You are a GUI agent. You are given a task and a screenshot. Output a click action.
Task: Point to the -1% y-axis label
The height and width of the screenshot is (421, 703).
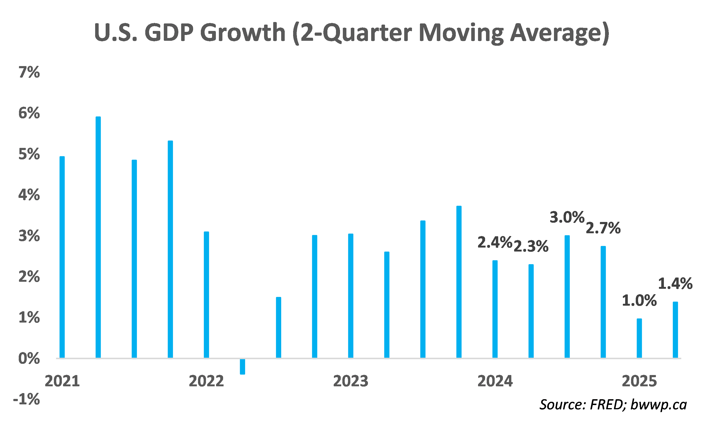[26, 399]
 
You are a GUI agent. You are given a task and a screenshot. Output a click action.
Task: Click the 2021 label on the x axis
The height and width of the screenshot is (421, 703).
[62, 381]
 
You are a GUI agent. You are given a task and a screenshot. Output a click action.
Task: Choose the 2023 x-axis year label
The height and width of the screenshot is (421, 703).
[351, 381]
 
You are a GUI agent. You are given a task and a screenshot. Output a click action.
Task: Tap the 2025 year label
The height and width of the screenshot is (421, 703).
[639, 381]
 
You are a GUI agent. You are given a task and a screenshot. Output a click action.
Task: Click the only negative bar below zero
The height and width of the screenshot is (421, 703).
[243, 367]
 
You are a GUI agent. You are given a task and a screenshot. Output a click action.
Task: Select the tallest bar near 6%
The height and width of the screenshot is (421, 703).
[98, 237]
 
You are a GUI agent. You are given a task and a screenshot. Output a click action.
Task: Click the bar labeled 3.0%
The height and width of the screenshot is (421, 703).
[567, 297]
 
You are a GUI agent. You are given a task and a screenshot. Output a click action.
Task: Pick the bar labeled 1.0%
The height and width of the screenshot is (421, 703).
[639, 338]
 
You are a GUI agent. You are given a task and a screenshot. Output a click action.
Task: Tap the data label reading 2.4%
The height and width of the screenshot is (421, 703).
[495, 243]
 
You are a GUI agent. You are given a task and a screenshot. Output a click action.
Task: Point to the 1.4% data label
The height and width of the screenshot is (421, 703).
[675, 284]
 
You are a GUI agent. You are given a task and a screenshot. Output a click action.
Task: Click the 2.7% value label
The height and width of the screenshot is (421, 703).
[603, 228]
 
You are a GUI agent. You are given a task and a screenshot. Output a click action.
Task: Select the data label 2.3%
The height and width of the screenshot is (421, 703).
[531, 246]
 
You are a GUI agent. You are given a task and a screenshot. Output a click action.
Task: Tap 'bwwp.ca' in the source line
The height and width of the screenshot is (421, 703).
[658, 405]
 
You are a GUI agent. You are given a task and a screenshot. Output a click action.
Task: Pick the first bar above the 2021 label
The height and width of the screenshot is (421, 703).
[62, 257]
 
